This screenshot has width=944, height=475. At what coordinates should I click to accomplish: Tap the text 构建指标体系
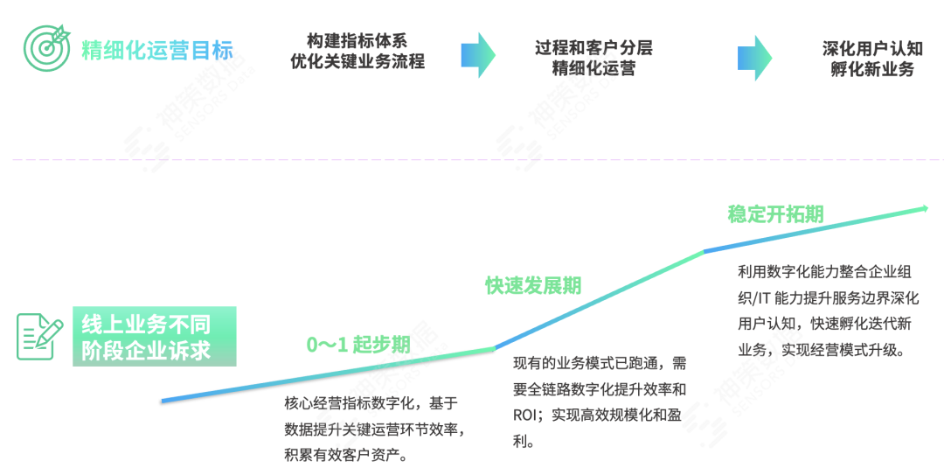357,40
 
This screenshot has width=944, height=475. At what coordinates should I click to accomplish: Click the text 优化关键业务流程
357,62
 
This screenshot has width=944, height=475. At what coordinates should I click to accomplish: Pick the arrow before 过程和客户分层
478,54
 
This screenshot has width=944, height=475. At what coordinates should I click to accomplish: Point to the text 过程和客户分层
593,47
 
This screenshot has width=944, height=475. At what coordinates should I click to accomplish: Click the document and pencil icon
39,337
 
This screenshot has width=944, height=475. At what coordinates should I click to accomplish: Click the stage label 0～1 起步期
358,344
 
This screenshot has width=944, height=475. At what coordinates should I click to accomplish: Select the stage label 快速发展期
533,285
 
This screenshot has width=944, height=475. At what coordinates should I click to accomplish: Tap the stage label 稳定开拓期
775,214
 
